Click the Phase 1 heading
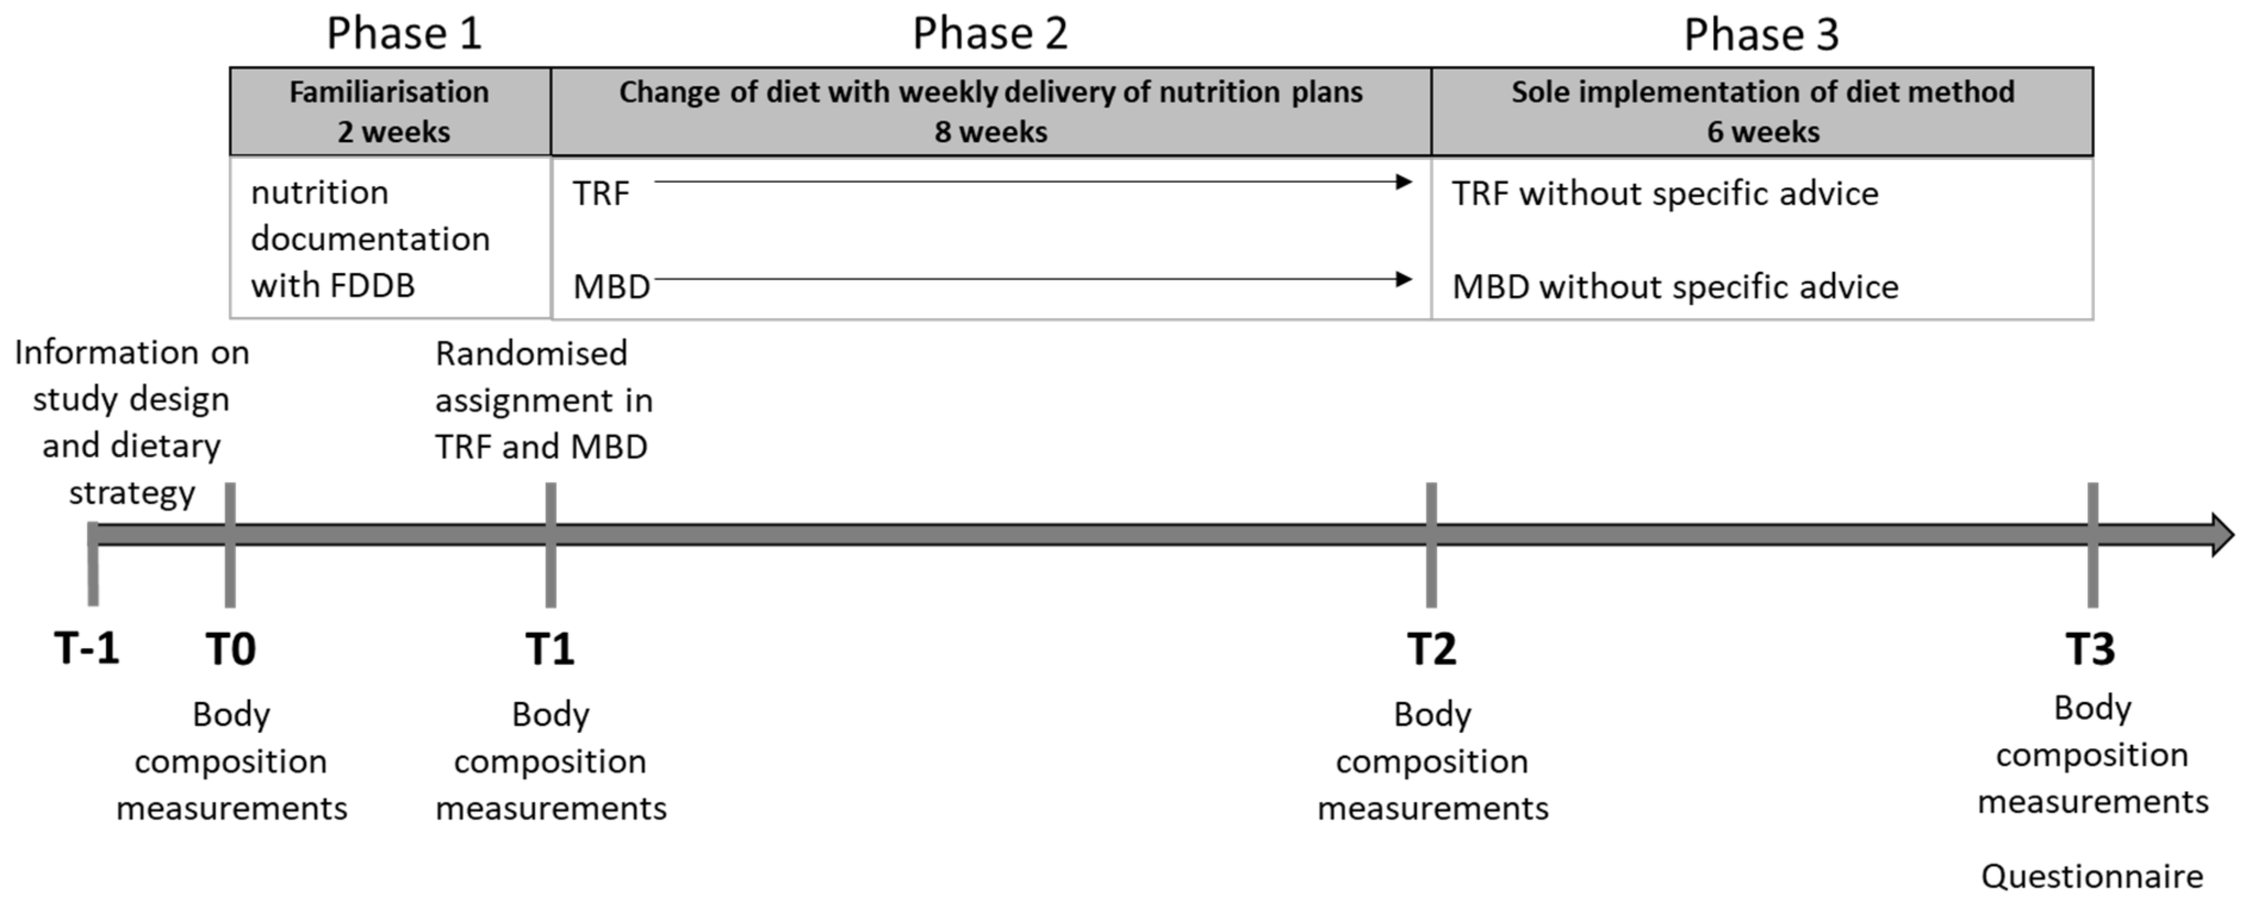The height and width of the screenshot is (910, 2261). [x=404, y=34]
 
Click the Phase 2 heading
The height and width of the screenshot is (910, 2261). [x=990, y=34]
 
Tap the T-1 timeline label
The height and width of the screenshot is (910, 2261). [x=86, y=649]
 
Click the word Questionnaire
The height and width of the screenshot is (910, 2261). [x=2092, y=877]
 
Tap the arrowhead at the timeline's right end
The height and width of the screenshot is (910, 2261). [x=2220, y=534]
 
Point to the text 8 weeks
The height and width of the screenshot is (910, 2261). [x=990, y=132]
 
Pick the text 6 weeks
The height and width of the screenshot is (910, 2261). [x=1762, y=132]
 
